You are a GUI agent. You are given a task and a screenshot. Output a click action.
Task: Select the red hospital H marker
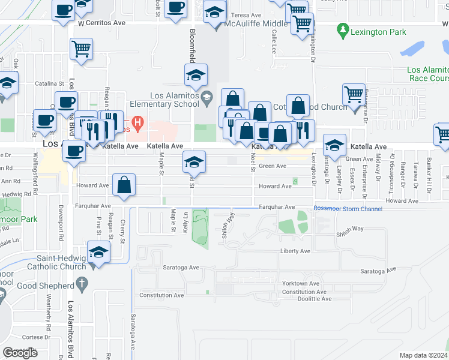click(x=139, y=124)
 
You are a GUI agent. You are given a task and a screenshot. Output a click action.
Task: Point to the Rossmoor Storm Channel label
click(x=348, y=209)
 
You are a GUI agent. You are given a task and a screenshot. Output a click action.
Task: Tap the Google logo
click(x=20, y=353)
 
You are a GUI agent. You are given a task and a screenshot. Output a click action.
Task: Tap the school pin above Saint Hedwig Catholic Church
click(x=98, y=251)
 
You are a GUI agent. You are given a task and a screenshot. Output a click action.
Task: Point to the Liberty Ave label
click(x=295, y=251)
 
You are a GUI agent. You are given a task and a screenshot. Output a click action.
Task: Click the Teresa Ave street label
click(x=247, y=15)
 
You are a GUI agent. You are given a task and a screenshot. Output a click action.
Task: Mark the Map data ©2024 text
click(x=423, y=355)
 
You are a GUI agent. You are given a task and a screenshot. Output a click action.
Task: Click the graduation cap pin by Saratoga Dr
click(x=334, y=144)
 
